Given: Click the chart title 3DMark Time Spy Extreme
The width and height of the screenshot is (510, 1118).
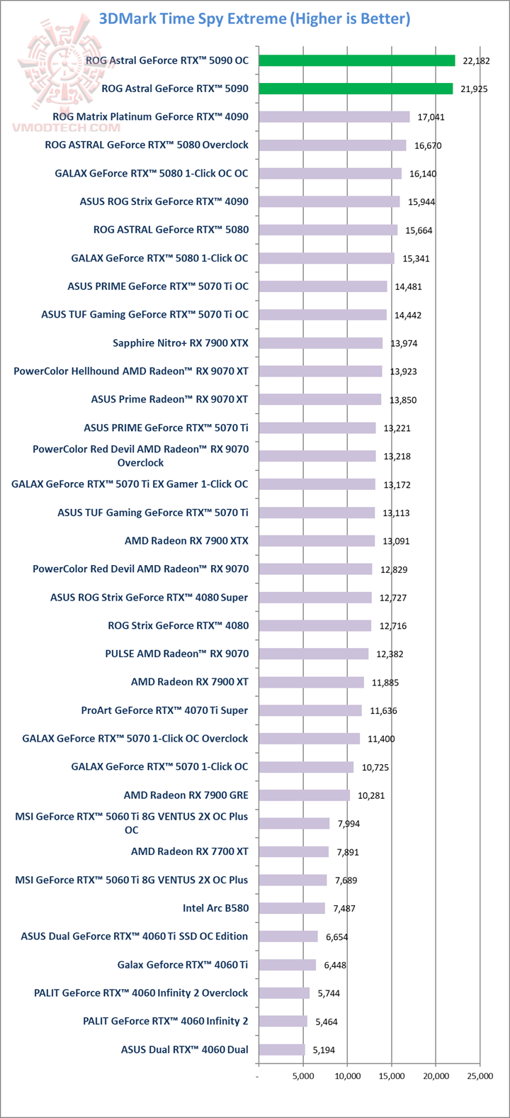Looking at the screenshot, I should [x=254, y=19].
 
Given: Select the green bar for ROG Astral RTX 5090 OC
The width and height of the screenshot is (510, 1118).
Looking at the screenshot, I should [x=356, y=60].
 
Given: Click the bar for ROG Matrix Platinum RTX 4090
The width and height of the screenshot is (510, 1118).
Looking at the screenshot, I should [x=334, y=116].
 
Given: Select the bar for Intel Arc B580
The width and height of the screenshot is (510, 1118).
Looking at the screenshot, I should [x=291, y=908].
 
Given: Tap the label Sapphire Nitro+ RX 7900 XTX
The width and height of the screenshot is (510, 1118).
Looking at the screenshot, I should [x=181, y=343].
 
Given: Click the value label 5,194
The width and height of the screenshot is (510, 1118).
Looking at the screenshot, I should [x=322, y=1050].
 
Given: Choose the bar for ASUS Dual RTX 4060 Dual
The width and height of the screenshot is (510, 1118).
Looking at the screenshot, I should [x=281, y=1049].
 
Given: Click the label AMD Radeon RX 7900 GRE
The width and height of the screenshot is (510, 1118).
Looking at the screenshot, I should [x=186, y=795].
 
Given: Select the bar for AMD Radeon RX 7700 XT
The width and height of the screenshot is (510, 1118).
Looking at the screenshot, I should [x=293, y=851].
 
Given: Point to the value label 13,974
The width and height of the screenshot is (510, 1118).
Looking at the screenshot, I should [x=402, y=343].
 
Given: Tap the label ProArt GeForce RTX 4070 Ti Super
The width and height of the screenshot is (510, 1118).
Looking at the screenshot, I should [x=165, y=710].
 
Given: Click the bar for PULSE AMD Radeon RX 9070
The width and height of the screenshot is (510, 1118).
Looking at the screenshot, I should [x=313, y=654].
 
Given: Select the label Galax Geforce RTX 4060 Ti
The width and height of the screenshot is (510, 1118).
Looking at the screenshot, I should [x=183, y=964].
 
